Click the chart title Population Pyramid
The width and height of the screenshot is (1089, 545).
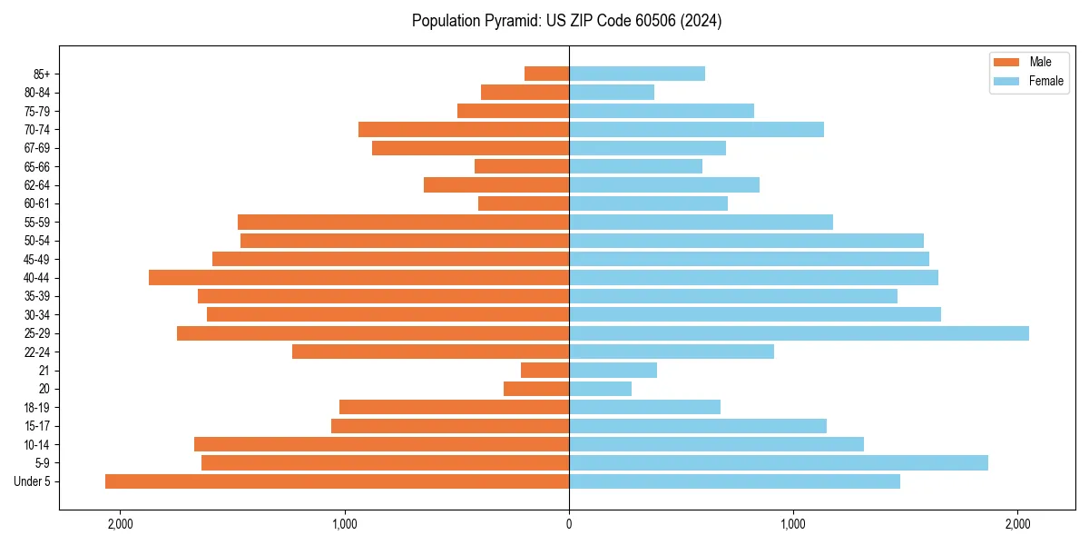566,21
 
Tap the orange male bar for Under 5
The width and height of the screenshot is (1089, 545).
337,481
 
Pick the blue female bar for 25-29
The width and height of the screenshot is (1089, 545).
799,333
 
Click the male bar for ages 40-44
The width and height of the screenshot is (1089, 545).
358,278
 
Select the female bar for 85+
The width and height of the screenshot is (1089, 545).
637,74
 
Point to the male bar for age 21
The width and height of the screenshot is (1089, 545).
544,371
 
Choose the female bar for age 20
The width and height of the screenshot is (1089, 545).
600,389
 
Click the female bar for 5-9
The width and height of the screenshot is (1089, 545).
778,463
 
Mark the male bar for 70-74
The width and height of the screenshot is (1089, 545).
464,130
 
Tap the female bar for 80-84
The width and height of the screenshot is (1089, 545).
612,93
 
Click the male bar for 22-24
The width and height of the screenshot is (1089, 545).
430,352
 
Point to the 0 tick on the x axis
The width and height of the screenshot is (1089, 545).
569,524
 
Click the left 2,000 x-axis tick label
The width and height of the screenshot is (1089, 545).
120,524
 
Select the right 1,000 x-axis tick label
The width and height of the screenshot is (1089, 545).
793,524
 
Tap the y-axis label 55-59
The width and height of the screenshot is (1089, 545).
37,223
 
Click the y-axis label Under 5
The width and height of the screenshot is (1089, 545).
33,481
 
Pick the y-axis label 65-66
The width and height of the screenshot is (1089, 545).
37,167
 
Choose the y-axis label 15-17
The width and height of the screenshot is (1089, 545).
37,426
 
